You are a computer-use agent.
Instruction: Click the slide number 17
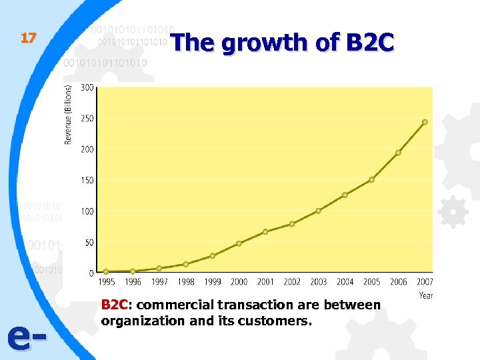(x=27, y=38)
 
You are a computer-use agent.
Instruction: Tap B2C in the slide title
(x=370, y=43)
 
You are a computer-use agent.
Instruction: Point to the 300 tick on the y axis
(x=87, y=87)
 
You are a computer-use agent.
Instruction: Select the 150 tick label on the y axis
(x=87, y=180)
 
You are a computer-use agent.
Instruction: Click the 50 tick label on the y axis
(x=89, y=243)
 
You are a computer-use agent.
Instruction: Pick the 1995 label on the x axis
(x=106, y=282)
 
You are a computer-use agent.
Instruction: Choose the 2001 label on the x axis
(x=265, y=282)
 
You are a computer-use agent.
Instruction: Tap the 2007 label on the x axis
(x=425, y=282)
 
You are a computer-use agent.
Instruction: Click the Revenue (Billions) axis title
(x=69, y=113)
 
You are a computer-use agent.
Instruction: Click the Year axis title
(x=425, y=295)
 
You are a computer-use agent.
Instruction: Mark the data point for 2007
(x=425, y=122)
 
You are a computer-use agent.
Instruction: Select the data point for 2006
(x=398, y=153)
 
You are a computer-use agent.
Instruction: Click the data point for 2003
(x=318, y=211)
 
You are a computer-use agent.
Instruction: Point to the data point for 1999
(x=213, y=255)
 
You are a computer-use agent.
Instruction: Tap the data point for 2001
(x=265, y=231)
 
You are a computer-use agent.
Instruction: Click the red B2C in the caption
(x=114, y=305)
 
